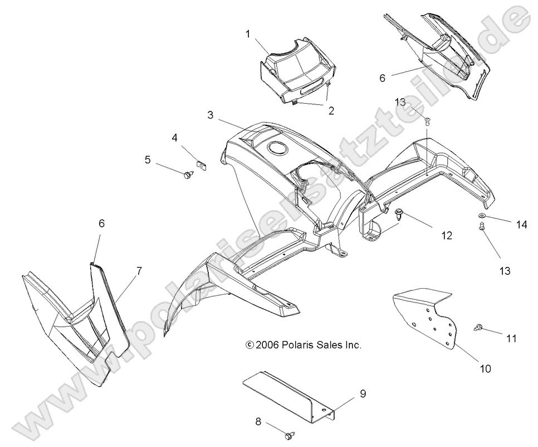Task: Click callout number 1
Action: (x=248, y=35)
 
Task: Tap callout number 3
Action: (x=210, y=115)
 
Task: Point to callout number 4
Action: (x=174, y=137)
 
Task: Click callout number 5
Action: (x=148, y=160)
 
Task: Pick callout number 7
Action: (x=139, y=271)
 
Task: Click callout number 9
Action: (x=363, y=394)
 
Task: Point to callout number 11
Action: (x=512, y=337)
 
